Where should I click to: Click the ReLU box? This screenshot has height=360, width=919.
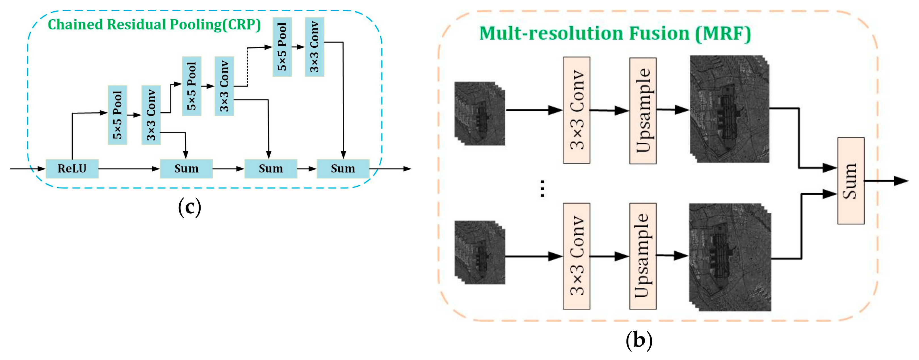point(72,169)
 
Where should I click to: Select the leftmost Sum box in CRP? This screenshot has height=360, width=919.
point(186,169)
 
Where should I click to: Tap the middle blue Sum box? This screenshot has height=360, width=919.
point(271,169)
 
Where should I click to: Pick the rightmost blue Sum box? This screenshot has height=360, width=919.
point(343,169)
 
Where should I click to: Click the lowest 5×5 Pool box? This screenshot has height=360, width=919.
point(117,115)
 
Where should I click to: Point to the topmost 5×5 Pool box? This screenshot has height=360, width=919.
point(282,47)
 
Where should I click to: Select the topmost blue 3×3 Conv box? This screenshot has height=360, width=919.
point(314,47)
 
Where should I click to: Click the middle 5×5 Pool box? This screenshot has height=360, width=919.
point(192,86)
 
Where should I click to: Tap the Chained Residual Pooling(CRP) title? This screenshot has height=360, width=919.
point(154,25)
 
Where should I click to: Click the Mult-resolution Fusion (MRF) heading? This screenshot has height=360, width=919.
point(615,33)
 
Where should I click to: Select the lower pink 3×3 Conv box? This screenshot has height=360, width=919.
point(576,256)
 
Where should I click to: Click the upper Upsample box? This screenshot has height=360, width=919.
point(643,111)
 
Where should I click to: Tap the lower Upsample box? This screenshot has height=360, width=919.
point(643,256)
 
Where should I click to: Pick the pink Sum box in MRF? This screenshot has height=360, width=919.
point(851,181)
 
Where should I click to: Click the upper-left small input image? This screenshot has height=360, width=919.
point(480,113)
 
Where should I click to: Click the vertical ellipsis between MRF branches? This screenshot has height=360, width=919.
point(542,188)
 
